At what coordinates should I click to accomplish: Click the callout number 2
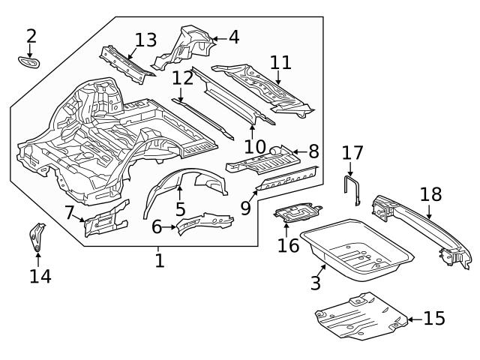pyautogui.click(x=31, y=35)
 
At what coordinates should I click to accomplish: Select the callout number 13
pyautogui.click(x=146, y=40)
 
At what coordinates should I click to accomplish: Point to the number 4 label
pyautogui.click(x=233, y=37)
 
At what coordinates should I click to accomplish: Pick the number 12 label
pyautogui.click(x=182, y=78)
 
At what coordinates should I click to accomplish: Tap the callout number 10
pyautogui.click(x=255, y=145)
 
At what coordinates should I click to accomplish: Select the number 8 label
pyautogui.click(x=313, y=152)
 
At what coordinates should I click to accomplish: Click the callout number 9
pyautogui.click(x=246, y=206)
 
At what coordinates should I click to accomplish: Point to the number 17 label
pyautogui.click(x=352, y=153)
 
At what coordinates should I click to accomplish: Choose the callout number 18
pyautogui.click(x=430, y=194)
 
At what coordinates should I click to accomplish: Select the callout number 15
pyautogui.click(x=433, y=318)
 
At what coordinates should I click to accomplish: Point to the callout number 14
pyautogui.click(x=40, y=276)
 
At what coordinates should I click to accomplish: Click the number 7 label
pyautogui.click(x=70, y=212)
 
